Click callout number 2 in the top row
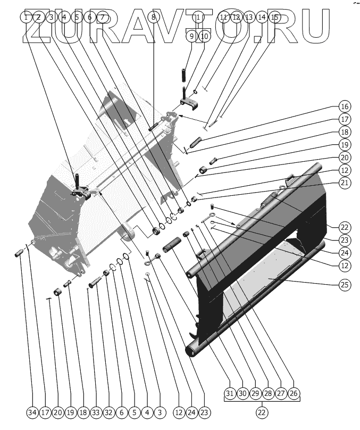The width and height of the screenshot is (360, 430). point(38,17)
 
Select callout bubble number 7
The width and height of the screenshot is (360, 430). point(102,17)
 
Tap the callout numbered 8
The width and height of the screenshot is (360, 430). point(153,17)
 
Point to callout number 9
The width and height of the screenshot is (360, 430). point(192,36)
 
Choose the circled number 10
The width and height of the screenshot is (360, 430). point(205,36)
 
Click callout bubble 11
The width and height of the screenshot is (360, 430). point(223,17)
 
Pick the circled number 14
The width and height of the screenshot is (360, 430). point(262,17)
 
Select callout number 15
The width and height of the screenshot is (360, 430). point(274,17)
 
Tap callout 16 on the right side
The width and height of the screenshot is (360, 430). point(345,105)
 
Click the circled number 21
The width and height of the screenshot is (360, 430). point(345,183)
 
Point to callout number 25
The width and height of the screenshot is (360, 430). point(345,284)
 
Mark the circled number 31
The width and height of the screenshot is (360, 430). point(229,393)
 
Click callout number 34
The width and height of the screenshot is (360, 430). point(32,411)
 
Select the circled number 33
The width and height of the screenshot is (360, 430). point(96,411)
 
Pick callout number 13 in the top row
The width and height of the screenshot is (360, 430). point(249,17)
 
